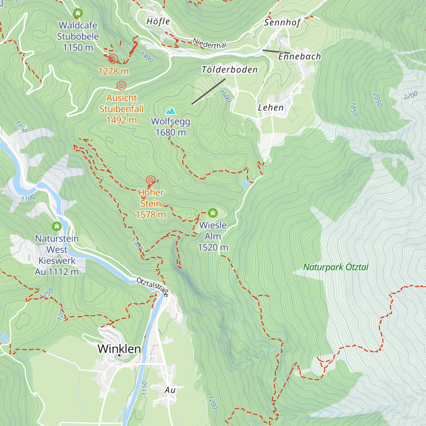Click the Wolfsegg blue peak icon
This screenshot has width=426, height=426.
click(x=171, y=111)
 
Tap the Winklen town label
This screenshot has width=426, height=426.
click(x=119, y=349)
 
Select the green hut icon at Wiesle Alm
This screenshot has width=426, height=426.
click(x=213, y=213)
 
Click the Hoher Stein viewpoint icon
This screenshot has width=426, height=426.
click(x=151, y=180)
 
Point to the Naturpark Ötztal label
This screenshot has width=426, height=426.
click(x=336, y=267)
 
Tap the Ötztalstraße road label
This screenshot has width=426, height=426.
click(x=153, y=287)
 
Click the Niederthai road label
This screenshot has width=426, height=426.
click(x=209, y=43)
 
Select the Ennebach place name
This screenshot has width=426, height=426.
click(x=300, y=56)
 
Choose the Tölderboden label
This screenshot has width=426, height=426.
click(x=230, y=70)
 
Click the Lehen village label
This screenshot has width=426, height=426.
click(x=271, y=108)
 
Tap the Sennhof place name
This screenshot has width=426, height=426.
click(x=282, y=23)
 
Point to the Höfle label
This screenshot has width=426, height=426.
click(x=158, y=22)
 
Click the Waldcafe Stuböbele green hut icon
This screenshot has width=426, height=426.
click(x=78, y=13)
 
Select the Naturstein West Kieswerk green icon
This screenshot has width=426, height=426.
click(x=57, y=226)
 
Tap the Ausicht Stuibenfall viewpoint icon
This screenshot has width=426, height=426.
click(x=121, y=86)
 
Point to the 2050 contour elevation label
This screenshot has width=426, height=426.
click(x=378, y=100)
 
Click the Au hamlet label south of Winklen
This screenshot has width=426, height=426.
click(x=170, y=390)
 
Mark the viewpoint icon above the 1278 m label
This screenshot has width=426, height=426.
click(x=113, y=59)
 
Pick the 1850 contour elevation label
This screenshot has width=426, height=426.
click(x=354, y=109)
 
